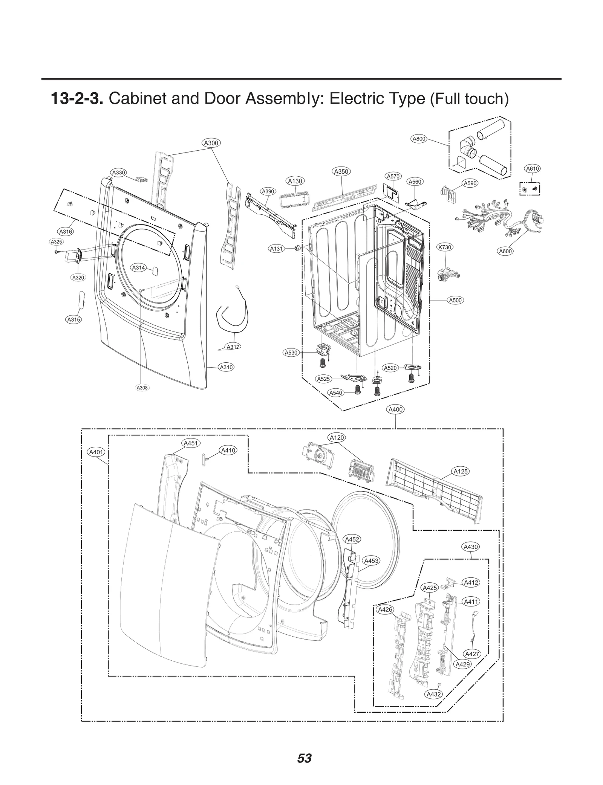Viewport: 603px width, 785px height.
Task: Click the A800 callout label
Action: point(419,139)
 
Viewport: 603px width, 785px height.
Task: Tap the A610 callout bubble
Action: point(532,169)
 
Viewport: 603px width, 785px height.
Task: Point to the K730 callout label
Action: point(445,247)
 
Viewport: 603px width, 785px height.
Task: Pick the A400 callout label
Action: point(395,409)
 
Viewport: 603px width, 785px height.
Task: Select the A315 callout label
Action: point(74,319)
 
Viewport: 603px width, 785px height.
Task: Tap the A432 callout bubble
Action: point(433,694)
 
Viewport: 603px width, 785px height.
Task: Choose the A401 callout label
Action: point(96,452)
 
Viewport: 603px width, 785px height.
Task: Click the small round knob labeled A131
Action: point(298,248)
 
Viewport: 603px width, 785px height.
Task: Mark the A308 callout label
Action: point(142,388)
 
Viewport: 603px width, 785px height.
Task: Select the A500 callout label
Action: point(456,300)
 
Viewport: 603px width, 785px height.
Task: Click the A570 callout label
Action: point(393,176)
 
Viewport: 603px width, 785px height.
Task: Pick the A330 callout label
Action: point(118,173)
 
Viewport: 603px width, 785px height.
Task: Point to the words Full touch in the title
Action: point(469,99)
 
